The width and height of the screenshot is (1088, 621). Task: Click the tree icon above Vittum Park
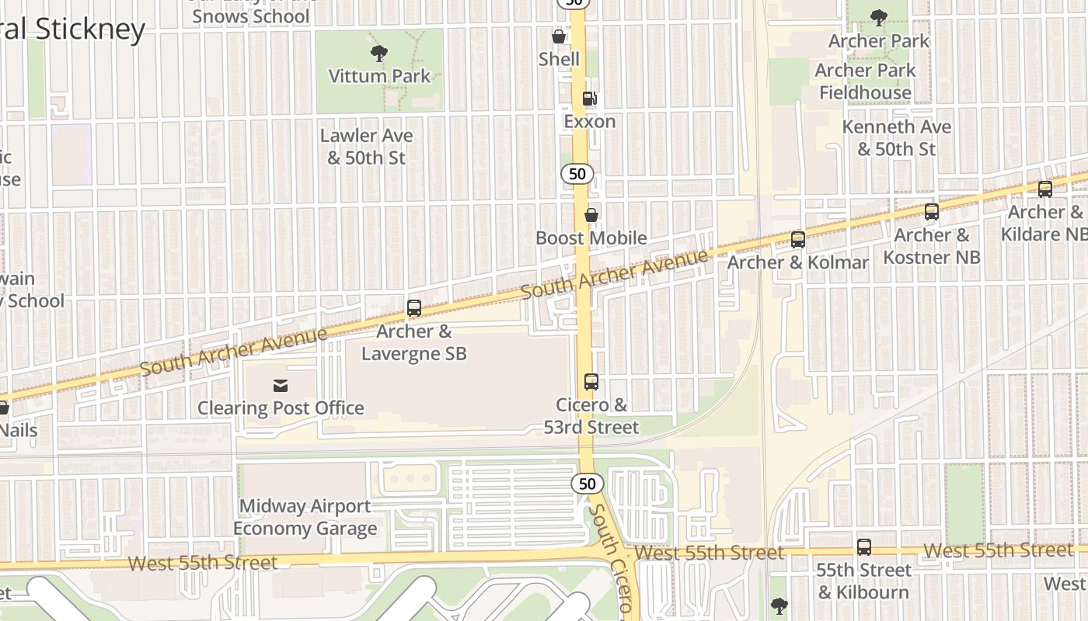point(379,54)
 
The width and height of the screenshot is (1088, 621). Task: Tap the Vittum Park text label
point(379,76)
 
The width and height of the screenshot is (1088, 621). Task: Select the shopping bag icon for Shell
point(558,36)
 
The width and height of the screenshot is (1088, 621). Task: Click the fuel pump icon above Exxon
point(590,99)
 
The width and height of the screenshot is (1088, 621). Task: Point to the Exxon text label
point(590,121)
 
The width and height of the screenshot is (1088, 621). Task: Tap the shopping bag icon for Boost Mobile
point(591,215)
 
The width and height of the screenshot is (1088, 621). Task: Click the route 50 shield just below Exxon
point(577,174)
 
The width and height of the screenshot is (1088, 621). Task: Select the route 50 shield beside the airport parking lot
point(588,484)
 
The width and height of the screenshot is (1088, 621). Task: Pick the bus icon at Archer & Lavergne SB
point(414,308)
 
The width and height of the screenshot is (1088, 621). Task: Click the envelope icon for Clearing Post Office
point(280,385)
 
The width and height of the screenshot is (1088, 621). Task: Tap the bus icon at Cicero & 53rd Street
point(591,382)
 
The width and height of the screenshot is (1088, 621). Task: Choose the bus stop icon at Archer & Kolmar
point(798,240)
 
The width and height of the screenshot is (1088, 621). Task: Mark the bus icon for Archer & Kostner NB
point(932,212)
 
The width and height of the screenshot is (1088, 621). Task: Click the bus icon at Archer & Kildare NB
point(1045,189)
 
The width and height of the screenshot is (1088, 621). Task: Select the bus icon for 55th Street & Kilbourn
point(863,547)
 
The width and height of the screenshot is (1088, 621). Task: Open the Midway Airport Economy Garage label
point(305,518)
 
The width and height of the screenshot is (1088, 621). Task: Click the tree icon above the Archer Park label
point(879,18)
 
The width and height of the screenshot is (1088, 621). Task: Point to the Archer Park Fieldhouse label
point(865,82)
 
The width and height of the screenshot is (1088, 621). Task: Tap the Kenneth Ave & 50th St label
point(897,137)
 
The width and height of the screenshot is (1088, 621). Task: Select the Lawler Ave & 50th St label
point(367,146)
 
